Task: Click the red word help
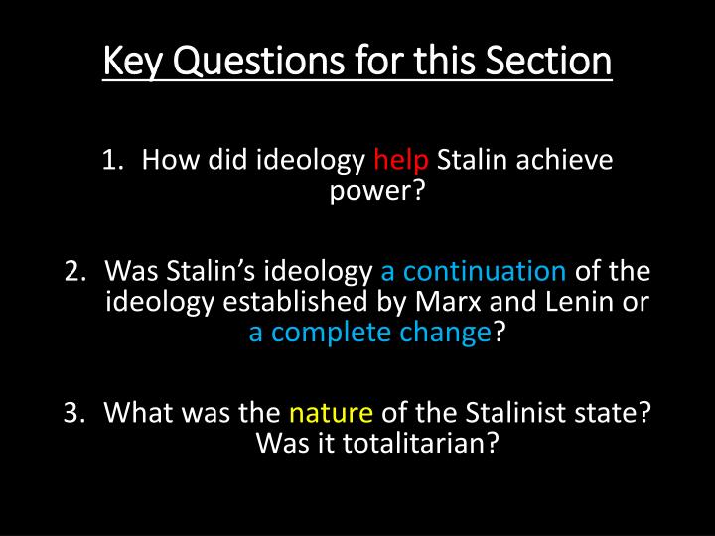[x=401, y=160]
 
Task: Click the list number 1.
[x=112, y=160]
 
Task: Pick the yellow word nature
[x=331, y=411]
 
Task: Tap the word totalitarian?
[x=376, y=442]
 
